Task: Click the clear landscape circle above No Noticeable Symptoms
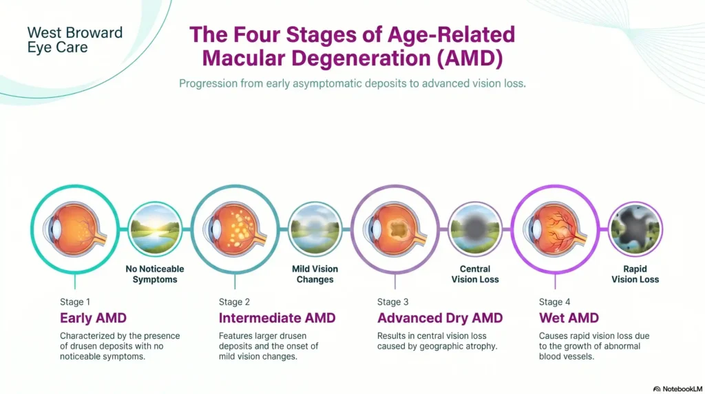click(154, 229)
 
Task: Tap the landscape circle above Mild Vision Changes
click(315, 229)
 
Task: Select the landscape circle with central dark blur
click(475, 229)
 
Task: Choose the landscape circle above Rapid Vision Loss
click(635, 229)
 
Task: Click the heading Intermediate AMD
click(277, 318)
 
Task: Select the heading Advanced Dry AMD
click(439, 318)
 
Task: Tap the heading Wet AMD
click(568, 318)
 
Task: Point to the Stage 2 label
click(234, 302)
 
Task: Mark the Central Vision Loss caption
click(475, 274)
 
